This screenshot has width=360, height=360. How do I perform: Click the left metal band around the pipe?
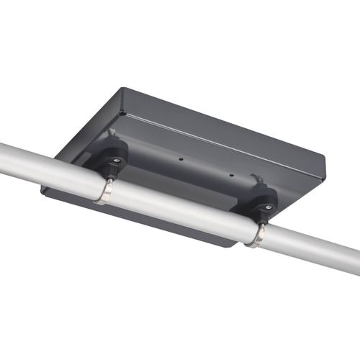click(105, 192)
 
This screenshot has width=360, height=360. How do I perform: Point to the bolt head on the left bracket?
click(116, 160)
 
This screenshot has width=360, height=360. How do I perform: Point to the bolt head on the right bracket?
click(267, 207)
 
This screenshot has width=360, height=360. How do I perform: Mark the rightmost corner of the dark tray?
click(325, 173)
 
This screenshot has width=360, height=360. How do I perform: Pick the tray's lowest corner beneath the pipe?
click(232, 246)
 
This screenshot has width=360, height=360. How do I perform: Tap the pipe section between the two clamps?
click(180, 209)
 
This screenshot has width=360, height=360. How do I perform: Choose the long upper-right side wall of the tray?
click(223, 133)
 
